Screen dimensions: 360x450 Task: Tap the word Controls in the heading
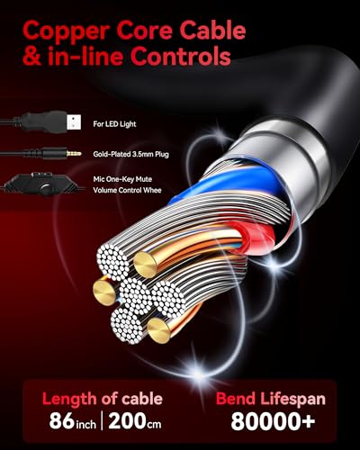point(181,56)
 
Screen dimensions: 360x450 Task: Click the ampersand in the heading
point(32,56)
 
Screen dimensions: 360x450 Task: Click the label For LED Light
point(114,124)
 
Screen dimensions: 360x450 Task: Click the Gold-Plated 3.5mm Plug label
point(130,154)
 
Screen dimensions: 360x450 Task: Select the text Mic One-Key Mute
point(122,179)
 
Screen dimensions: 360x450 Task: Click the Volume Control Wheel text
point(127,190)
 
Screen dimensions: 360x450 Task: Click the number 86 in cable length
point(62,420)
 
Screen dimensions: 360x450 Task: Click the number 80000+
point(273,421)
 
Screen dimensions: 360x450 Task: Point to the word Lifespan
point(292,400)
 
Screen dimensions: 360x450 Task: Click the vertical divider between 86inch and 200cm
point(102,420)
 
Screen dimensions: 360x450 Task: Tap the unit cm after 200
point(154,424)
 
